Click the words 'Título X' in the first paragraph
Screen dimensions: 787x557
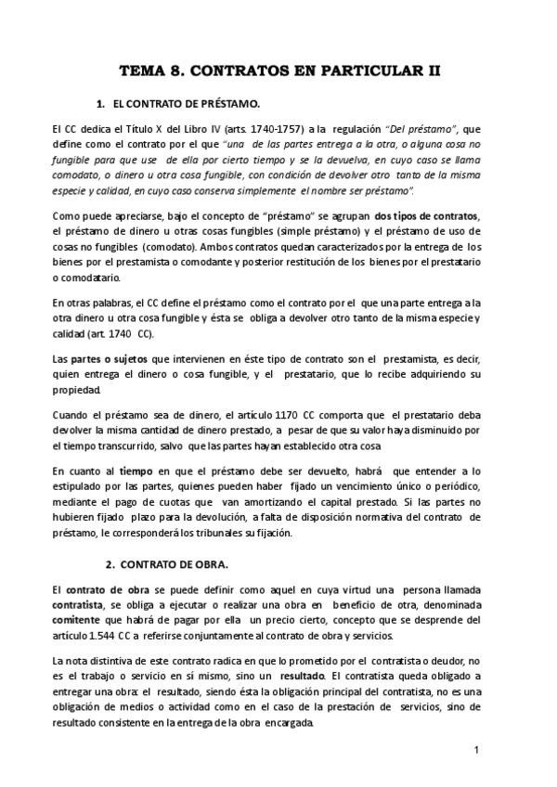pyautogui.click(x=150, y=128)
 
